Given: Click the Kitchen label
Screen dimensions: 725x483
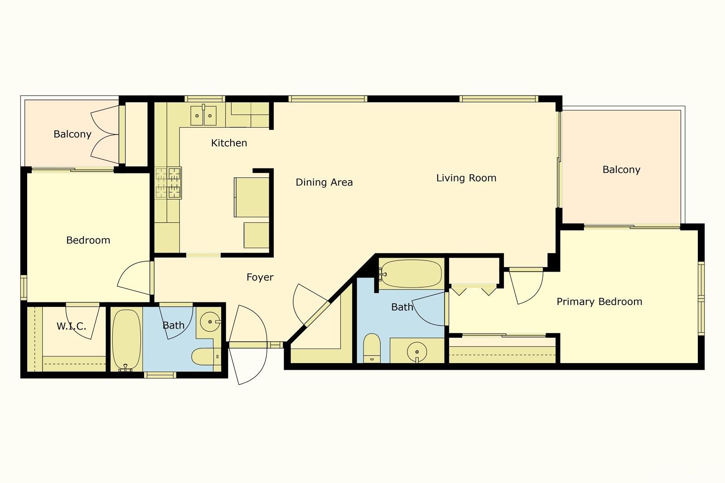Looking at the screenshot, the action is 229,143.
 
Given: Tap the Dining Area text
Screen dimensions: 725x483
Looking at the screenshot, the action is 324,182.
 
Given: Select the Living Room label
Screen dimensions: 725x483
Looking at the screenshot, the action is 466,178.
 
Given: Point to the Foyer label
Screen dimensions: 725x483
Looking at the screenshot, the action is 260,277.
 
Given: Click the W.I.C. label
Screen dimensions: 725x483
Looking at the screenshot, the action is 72,326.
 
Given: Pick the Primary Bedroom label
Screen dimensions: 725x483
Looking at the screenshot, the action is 599,301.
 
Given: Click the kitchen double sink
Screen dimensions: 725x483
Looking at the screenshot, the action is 203,115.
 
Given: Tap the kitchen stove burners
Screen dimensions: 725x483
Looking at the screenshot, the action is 168,183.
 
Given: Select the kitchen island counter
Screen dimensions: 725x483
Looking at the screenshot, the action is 251,197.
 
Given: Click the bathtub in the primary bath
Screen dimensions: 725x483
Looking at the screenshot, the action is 411,274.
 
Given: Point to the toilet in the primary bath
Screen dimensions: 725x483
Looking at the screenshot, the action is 372,348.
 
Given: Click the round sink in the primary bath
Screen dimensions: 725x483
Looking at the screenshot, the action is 417,352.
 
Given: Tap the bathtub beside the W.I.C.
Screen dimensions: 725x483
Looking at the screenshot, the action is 126,340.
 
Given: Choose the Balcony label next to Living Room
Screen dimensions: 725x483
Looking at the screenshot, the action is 621,170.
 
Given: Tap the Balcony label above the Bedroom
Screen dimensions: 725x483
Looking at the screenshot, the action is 72,134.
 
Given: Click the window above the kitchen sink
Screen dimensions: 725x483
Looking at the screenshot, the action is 204,99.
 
